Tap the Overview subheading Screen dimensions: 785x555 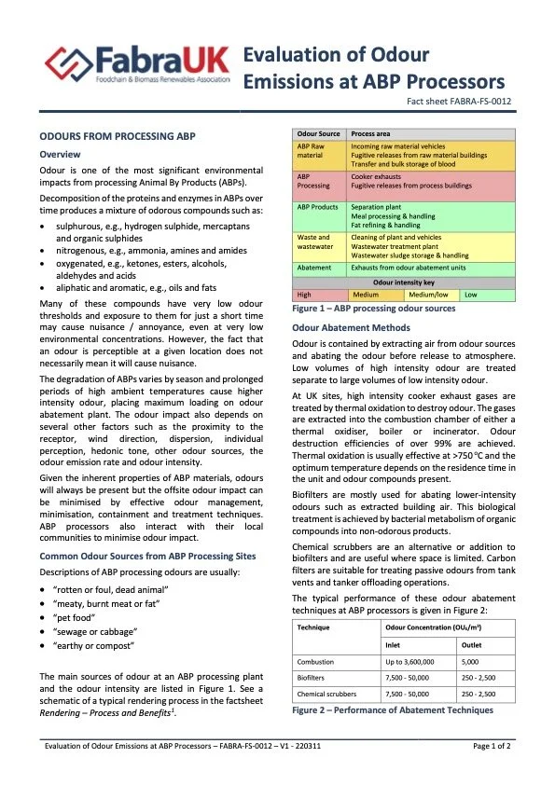[60, 154]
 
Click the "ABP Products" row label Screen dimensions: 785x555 [317, 207]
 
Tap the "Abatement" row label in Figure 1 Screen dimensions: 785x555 [314, 267]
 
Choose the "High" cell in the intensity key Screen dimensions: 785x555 [305, 295]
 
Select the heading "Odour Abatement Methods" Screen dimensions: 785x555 [351, 328]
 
